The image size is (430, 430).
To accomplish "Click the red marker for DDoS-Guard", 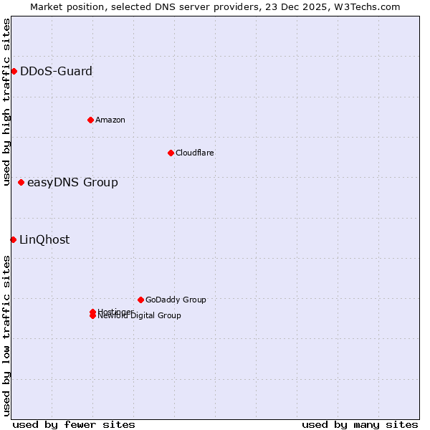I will click(14, 71).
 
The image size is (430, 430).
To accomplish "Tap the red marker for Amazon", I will click(90, 120).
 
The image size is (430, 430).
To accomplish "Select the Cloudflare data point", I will click(171, 153).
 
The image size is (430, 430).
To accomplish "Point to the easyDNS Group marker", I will click(21, 182).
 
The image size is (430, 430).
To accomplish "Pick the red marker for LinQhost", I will click(13, 239).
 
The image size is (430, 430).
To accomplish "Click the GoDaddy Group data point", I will click(140, 300).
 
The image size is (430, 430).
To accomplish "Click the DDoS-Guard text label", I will click(56, 71).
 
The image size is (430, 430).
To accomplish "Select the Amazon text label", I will click(110, 120).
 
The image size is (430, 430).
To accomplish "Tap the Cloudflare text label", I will click(195, 153).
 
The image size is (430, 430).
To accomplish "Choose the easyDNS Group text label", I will click(72, 182).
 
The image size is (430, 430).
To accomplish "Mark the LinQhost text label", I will click(44, 239).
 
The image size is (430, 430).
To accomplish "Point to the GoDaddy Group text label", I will click(176, 300).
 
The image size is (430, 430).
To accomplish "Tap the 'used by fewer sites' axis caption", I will click(74, 424).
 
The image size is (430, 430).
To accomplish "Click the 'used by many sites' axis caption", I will click(360, 424).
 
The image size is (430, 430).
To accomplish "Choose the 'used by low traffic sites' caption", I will click(6, 335).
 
